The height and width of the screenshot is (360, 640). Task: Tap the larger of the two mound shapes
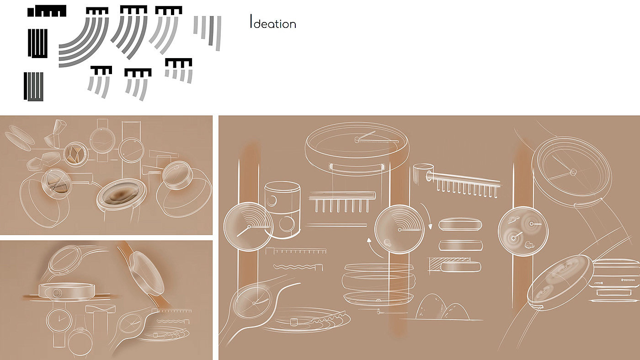[429, 307]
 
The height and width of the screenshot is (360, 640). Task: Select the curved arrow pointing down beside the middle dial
[426, 215]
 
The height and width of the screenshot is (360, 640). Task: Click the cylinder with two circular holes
[283, 210]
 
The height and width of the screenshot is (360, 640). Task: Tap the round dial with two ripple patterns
[523, 231]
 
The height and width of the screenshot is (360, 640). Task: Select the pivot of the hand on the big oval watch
[357, 140]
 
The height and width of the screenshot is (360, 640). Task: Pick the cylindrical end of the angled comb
[420, 173]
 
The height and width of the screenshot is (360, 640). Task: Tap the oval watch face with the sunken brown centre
[121, 195]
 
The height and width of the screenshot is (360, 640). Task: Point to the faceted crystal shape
[56, 134]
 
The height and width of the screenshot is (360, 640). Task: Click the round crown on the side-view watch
[57, 293]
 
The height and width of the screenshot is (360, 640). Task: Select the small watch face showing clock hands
[59, 320]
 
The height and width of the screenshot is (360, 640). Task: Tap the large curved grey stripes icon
[83, 42]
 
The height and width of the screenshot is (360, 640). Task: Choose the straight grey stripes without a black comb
[208, 32]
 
